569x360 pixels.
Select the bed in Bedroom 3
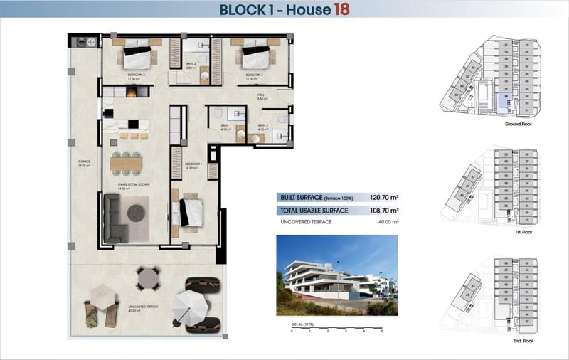(x=254, y=55)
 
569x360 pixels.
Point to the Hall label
(x=261, y=97)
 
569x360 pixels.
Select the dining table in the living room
(x=127, y=163)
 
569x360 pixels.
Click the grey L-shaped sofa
(x=114, y=218)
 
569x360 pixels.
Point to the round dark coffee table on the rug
(x=137, y=211)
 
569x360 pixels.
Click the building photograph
(x=336, y=276)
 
